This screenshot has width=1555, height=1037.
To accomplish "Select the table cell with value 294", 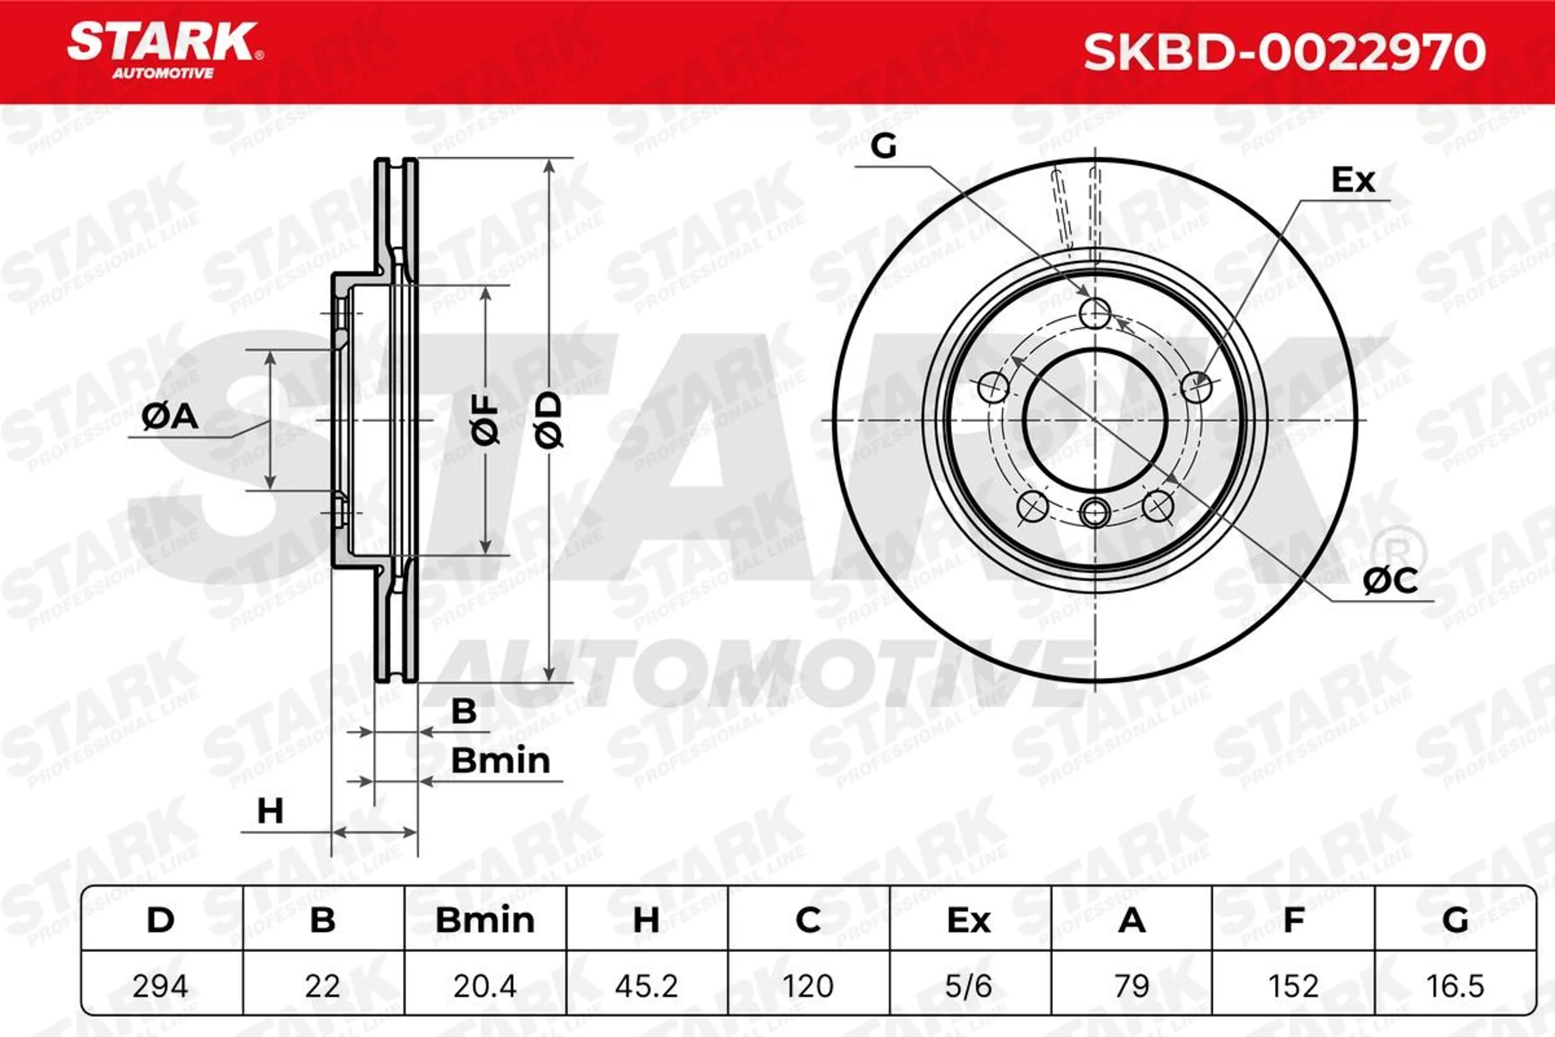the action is (x=161, y=986).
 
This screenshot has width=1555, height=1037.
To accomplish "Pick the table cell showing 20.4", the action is (x=485, y=986).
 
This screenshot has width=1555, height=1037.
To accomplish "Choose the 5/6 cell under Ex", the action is (x=969, y=986).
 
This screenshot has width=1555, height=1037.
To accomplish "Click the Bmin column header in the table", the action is (x=485, y=920).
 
